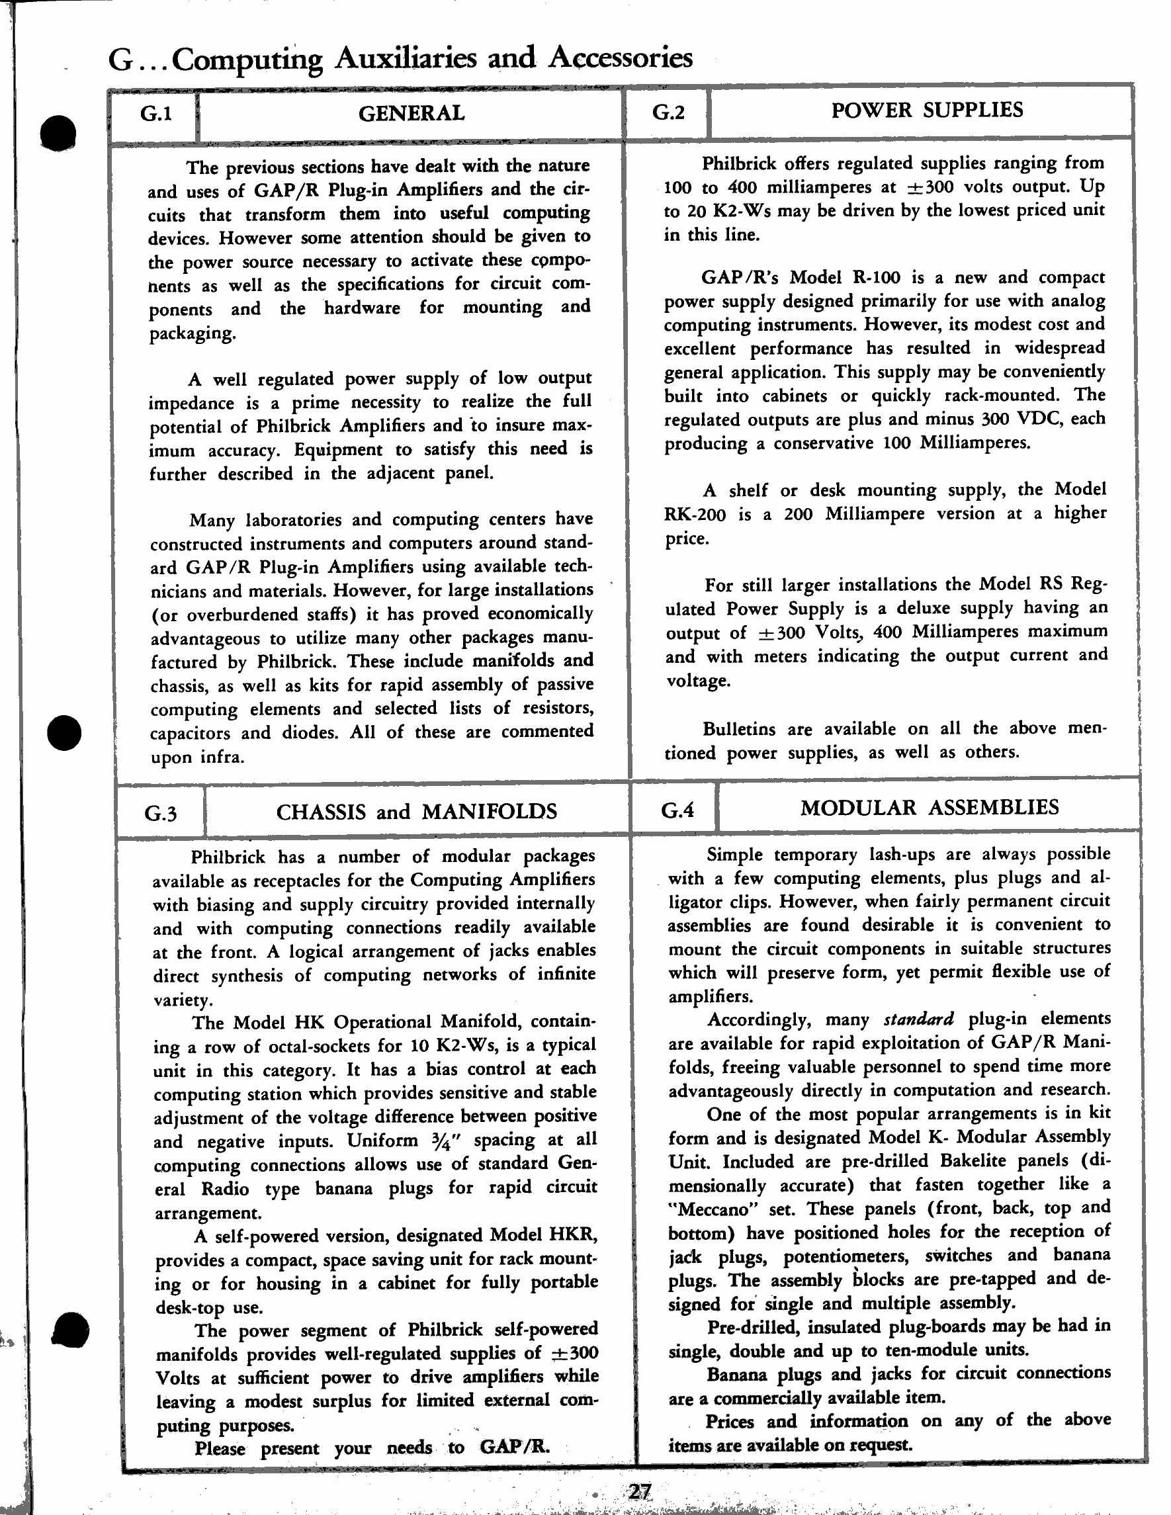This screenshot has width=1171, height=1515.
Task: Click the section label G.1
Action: pyautogui.click(x=156, y=114)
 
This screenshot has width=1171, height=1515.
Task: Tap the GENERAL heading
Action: pyautogui.click(x=412, y=113)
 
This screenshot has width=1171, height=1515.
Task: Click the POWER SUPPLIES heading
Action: pyautogui.click(x=927, y=110)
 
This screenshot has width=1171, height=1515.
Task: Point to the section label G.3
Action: pyautogui.click(x=161, y=812)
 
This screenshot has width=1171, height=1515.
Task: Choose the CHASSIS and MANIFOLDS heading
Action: pyautogui.click(x=416, y=812)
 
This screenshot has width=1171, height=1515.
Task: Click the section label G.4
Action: pyautogui.click(x=677, y=810)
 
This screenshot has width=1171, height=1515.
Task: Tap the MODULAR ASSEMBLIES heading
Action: pyautogui.click(x=930, y=806)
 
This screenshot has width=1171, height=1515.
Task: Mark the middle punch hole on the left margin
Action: pyautogui.click(x=64, y=732)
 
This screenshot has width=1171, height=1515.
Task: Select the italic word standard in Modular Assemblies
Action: pyautogui.click(x=918, y=1019)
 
